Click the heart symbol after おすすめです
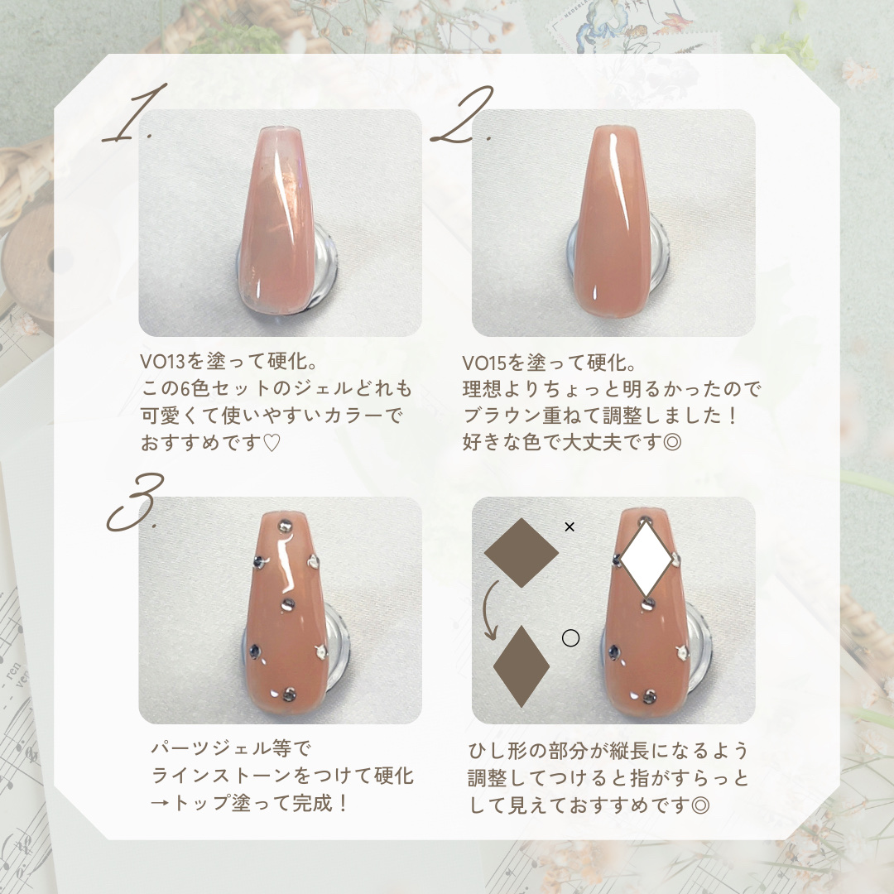pos(272,443)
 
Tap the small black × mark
pos(569,526)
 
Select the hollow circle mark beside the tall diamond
pos(570,638)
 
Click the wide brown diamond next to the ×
pos(521,552)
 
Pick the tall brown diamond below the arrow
pos(521,666)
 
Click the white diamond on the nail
pos(646,557)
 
